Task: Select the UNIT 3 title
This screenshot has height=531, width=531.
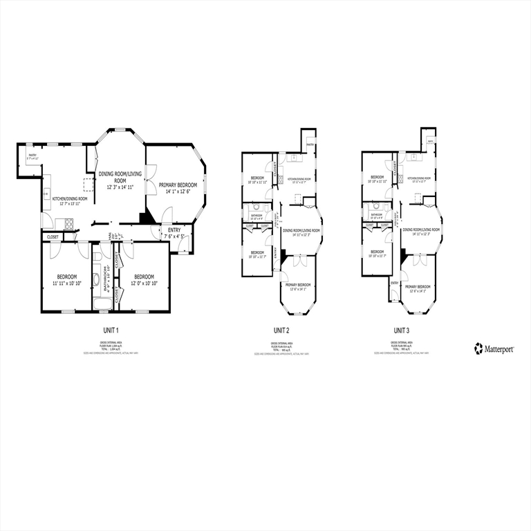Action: [x=402, y=330]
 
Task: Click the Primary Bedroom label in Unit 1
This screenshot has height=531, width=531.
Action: [x=176, y=185]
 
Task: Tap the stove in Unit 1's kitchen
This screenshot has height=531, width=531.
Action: [x=68, y=223]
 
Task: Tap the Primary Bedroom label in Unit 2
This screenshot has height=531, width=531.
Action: [x=299, y=285]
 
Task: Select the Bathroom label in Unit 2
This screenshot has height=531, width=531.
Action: [x=257, y=215]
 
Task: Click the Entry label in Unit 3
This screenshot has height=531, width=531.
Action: [x=395, y=283]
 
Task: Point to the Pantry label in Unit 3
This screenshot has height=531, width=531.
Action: [x=430, y=142]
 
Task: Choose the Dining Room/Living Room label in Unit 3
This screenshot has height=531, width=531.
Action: [x=422, y=230]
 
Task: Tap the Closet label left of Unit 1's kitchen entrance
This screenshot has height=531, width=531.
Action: [x=53, y=236]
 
